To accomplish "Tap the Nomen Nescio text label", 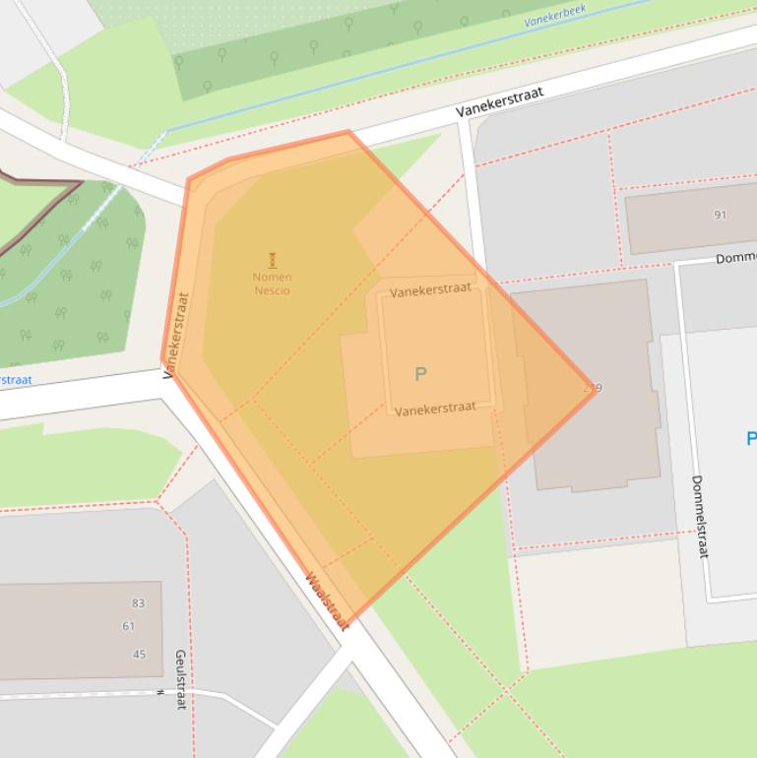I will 272,284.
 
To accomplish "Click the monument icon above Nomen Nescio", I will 272,260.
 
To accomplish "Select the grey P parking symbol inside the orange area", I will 420,374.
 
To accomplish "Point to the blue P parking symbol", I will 751,439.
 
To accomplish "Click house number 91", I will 720,215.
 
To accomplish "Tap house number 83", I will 138,603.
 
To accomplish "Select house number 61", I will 129,626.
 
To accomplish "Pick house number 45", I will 139,655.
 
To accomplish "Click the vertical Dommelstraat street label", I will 699,517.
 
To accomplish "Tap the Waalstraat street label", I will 328,600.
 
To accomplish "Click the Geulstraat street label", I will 180,679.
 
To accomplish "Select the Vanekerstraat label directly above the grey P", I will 430,291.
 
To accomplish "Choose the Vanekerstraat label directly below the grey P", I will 435,409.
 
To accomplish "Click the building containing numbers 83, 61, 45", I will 69,630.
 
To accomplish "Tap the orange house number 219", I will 592,388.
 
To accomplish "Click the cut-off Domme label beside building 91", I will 735,258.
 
